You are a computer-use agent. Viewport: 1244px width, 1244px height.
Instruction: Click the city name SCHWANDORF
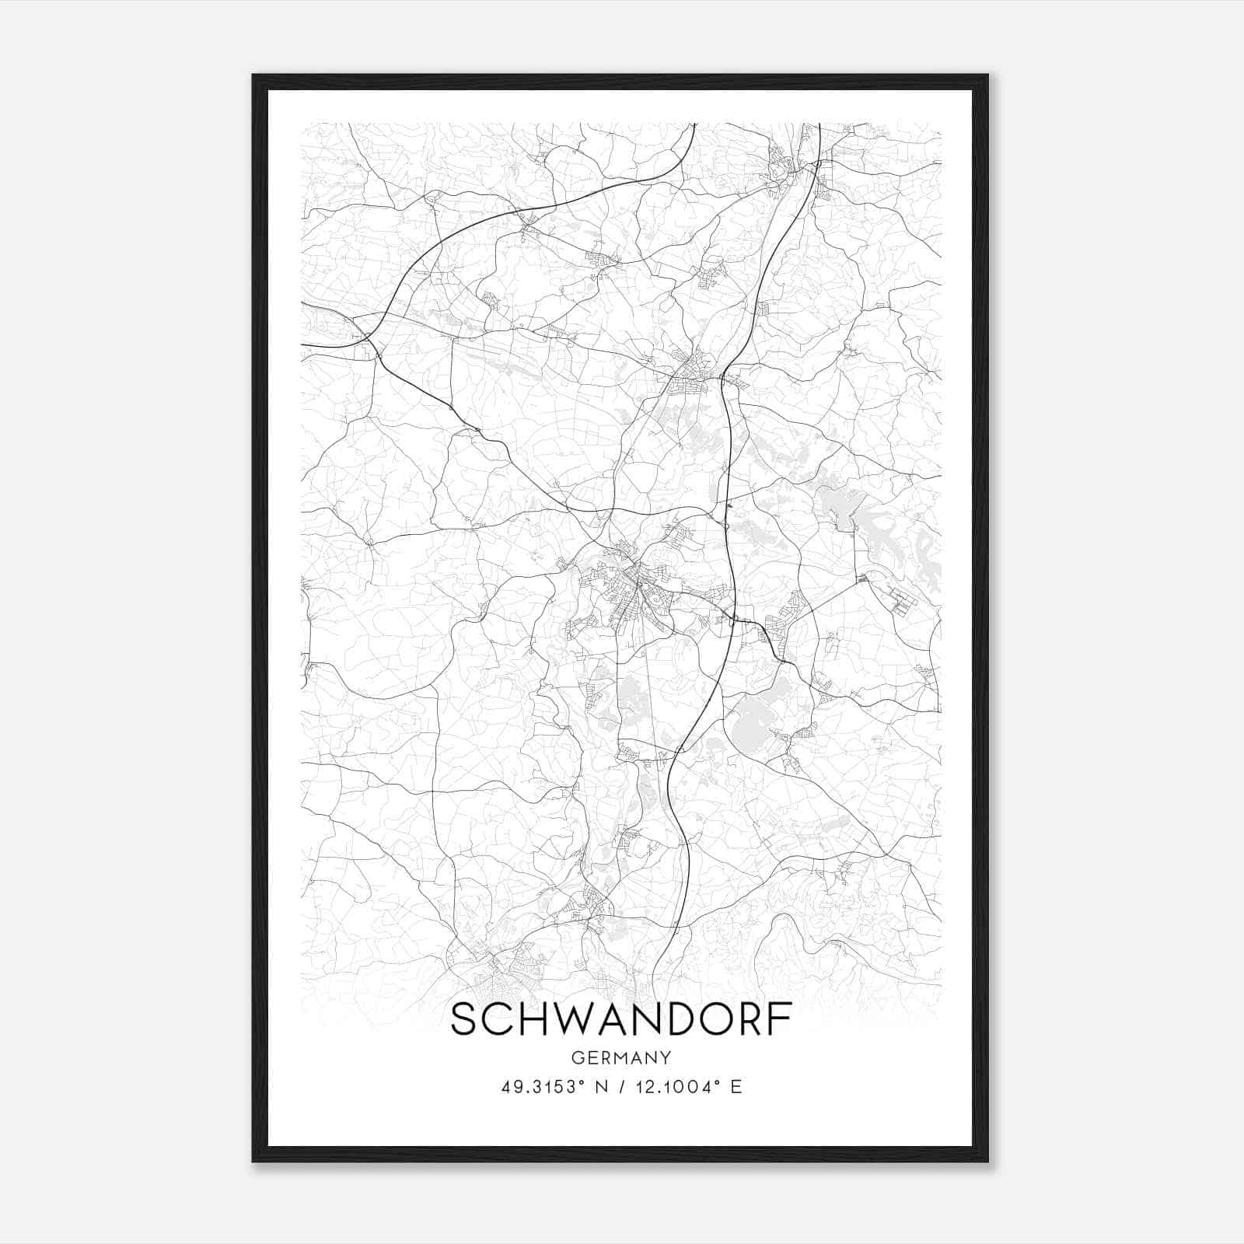pos(621,1019)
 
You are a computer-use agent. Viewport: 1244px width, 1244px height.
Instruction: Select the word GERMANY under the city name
pos(621,1057)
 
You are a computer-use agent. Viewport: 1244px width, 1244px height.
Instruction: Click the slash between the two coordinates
pos(622,1086)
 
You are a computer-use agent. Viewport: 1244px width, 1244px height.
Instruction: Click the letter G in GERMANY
pos(576,1057)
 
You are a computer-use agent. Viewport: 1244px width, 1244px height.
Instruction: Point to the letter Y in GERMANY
pos(666,1057)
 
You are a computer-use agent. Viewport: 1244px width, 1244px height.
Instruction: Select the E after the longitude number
pos(736,1086)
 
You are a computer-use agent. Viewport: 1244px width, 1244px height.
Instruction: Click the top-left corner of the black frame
pos(254,76)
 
